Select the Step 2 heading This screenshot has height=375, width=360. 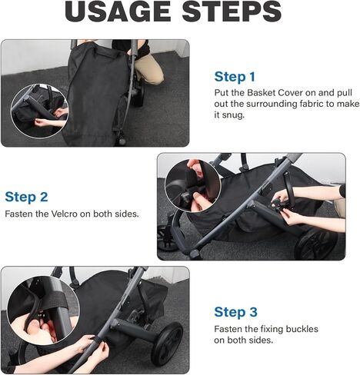(x=26, y=196)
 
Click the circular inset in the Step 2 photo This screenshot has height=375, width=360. (x=193, y=186)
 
